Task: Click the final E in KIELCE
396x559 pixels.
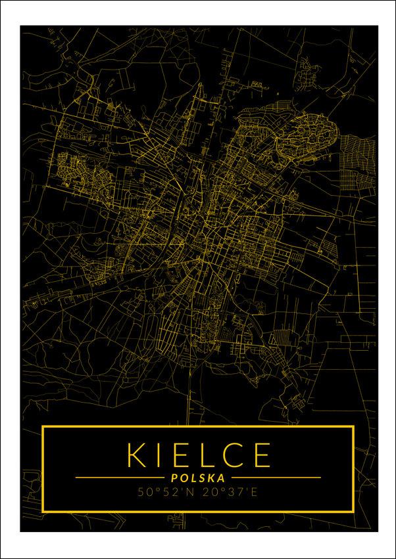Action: tap(261, 455)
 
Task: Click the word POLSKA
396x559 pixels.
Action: tap(197, 478)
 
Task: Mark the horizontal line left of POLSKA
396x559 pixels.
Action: tap(119, 478)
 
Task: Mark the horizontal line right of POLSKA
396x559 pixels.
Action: tap(276, 478)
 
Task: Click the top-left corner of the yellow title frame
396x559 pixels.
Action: tap(43, 428)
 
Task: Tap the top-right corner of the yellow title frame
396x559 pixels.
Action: tap(353, 428)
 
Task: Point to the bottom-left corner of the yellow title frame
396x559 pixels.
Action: tap(43, 511)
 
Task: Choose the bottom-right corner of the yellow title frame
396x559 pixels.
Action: tap(353, 511)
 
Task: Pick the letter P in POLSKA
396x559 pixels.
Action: tap(173, 478)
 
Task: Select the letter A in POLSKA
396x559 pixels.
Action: tap(222, 478)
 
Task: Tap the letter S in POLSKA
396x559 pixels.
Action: tap(202, 478)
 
